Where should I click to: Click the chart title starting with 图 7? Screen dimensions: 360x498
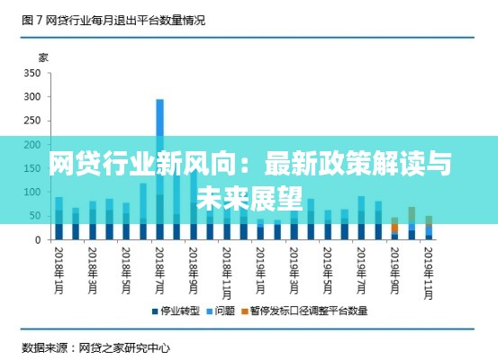[113, 19]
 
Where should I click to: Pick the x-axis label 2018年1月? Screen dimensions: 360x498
[59, 266]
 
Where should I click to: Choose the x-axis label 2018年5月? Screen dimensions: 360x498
[126, 266]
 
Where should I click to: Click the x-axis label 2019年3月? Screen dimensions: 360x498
[294, 266]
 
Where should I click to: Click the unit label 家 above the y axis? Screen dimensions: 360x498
[43, 57]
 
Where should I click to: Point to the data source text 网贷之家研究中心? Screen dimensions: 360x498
[126, 346]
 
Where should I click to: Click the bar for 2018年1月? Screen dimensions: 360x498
[59, 220]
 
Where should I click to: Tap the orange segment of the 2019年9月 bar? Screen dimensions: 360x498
[394, 228]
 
